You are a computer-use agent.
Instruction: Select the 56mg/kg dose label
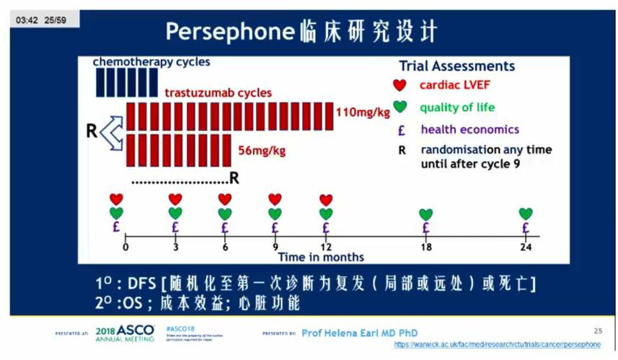pos(262,150)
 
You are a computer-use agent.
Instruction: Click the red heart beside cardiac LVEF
pos(400,85)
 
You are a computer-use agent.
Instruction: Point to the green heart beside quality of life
pos(400,107)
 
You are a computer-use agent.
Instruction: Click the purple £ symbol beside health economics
pos(400,130)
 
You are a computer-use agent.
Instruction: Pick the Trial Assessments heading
pos(456,66)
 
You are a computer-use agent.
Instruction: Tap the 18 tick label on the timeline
pos(425,247)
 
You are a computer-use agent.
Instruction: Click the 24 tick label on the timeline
pos(526,247)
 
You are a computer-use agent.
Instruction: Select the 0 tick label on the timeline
pos(125,247)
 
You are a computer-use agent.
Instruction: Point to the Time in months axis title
pos(321,257)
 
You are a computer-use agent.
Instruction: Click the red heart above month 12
pos(326,199)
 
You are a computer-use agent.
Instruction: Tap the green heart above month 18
pos(425,214)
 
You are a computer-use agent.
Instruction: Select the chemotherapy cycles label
pos(151,62)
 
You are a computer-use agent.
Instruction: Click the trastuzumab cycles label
pos(218,92)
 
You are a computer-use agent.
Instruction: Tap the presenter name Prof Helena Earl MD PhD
pos(359,333)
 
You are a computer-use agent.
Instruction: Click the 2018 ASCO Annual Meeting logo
pos(124,333)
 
